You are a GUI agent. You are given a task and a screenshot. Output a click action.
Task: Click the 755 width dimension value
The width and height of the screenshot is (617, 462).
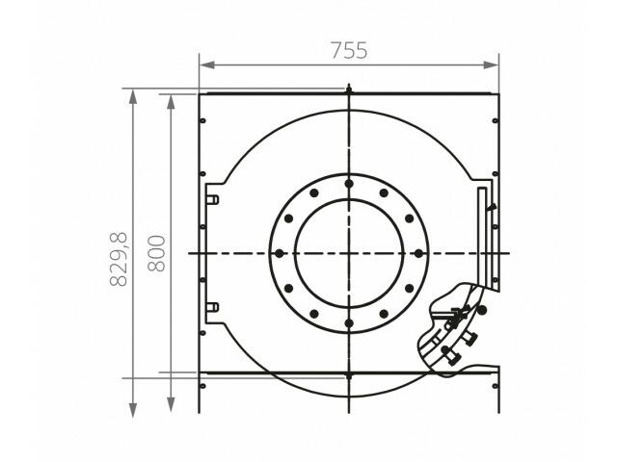(x=349, y=50)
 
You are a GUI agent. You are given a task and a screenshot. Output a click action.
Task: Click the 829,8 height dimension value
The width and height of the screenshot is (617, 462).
(x=119, y=259)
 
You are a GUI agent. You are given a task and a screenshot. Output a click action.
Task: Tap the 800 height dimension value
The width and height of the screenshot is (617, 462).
(x=156, y=253)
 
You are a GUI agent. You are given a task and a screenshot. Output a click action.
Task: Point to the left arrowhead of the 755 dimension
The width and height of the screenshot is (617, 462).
(x=207, y=64)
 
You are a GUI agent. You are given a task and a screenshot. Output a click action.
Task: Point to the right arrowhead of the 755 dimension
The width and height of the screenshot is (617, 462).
(x=491, y=64)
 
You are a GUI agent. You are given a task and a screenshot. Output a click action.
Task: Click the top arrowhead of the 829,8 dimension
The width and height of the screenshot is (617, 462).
(x=133, y=96)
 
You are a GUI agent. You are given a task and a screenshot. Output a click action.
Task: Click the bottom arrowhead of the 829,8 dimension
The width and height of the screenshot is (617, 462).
(x=133, y=410)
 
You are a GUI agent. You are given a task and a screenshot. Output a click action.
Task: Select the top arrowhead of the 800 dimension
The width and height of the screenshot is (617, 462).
(x=171, y=102)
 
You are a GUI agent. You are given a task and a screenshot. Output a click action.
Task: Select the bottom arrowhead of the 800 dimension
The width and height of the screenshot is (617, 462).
(x=171, y=404)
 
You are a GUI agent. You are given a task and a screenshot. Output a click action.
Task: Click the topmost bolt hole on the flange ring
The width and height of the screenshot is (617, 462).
(x=349, y=184)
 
